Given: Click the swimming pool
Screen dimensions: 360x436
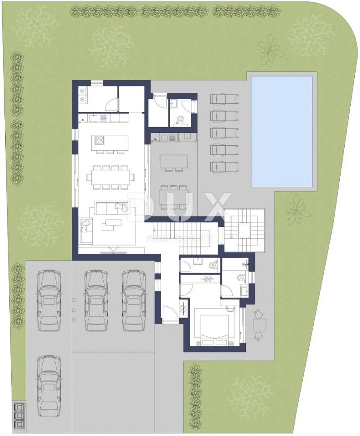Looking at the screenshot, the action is click(282, 132).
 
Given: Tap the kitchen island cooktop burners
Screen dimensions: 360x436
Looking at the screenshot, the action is click(99, 140).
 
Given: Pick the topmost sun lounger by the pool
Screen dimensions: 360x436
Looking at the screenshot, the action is click(224, 99).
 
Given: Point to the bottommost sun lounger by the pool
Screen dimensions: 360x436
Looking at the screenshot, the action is click(224, 167).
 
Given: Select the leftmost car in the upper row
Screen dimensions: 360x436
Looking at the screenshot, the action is click(49, 300).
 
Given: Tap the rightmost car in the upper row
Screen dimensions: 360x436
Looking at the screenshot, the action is click(134, 300).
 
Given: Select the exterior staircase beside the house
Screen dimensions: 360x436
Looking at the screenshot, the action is click(244, 230).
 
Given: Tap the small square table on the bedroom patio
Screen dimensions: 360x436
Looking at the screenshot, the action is click(260, 325).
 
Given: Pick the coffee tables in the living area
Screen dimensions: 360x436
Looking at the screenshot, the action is click(112, 225).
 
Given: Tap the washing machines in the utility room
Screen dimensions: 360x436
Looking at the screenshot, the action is click(83, 95).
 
